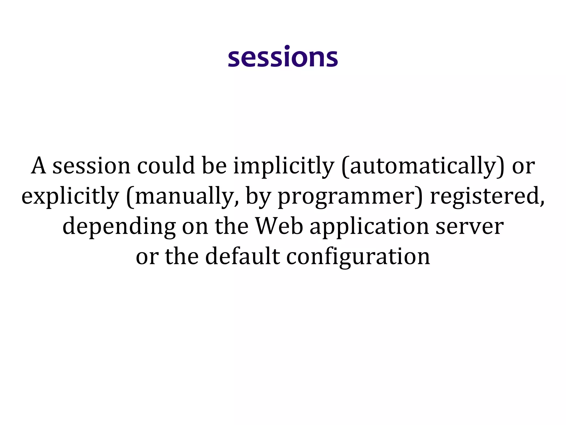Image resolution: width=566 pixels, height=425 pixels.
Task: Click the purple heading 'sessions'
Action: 283,57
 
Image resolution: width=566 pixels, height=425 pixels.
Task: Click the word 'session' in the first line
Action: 91,166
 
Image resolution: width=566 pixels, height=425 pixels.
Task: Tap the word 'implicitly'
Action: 284,166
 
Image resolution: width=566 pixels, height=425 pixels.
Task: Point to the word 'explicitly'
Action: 70,196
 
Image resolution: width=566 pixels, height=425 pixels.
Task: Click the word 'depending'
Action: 119,226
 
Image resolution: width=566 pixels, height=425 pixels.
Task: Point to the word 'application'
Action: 369,226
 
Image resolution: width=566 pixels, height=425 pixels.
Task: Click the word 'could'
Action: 166,166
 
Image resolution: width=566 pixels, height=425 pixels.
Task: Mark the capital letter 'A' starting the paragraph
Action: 38,166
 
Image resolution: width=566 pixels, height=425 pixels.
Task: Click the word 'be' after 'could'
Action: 214,166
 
